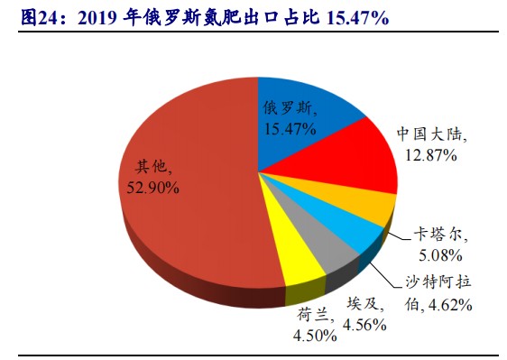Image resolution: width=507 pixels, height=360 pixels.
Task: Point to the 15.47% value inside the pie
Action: point(290,129)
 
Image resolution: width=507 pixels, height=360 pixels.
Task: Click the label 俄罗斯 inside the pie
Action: point(290,109)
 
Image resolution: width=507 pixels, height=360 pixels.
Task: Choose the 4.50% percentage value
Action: point(313,336)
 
